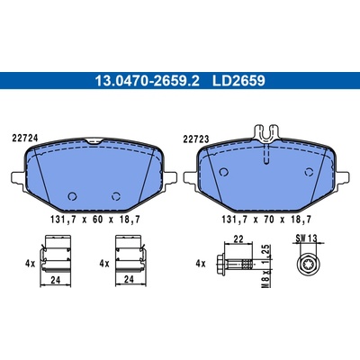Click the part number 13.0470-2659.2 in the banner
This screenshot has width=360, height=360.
tap(147, 81)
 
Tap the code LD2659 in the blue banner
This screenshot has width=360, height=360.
tap(238, 81)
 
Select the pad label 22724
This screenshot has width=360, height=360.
tap(25, 139)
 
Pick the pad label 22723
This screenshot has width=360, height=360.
tap(196, 139)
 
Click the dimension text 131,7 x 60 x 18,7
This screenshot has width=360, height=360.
tap(95, 220)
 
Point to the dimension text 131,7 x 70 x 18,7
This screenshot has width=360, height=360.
tap(266, 220)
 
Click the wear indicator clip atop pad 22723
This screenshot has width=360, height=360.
tap(267, 133)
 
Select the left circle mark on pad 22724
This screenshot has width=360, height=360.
tap(72, 196)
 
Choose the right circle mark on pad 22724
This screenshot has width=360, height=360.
tap(116, 196)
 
